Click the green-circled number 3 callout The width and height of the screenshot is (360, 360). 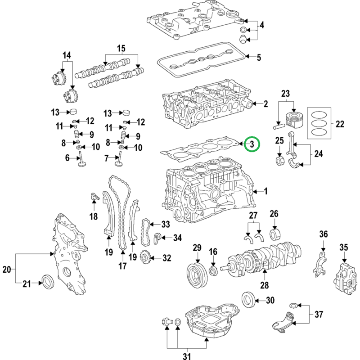252,144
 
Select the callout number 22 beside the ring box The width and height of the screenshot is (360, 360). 340,124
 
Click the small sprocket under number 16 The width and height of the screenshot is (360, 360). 213,271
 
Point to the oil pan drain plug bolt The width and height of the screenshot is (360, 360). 167,321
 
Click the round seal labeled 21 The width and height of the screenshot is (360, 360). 48,282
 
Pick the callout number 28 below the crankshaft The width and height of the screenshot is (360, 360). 264,285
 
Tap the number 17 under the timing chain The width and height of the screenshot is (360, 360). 122,266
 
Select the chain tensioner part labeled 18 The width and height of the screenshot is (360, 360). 94,197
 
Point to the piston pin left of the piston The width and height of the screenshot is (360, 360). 279,126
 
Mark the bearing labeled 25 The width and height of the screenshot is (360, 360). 279,161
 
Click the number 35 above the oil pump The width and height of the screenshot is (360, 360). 344,247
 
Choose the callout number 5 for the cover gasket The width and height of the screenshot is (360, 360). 259,58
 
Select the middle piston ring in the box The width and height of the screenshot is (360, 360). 319,123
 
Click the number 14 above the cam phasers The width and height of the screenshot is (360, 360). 67,55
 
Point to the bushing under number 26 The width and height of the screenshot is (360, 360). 275,234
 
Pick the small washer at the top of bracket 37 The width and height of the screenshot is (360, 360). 293,306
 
